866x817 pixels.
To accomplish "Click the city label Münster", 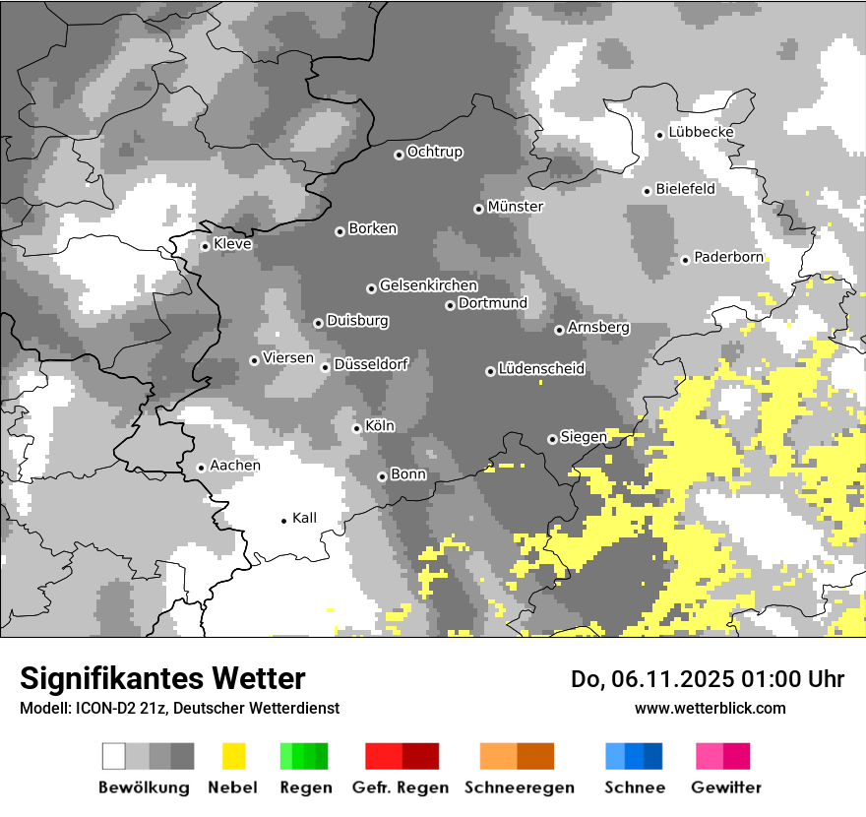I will coord(515,207).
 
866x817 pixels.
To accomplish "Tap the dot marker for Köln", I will coord(357,428).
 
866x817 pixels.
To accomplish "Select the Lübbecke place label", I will coord(701,132).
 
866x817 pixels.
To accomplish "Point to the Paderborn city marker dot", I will coord(685,260).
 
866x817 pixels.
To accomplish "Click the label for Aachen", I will coord(235,466).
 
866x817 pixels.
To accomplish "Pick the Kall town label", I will coord(304,518).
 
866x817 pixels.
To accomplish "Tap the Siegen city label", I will coord(584,437).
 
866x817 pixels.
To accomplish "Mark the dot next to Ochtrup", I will coord(399,155).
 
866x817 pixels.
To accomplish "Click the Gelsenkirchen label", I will coord(428,285).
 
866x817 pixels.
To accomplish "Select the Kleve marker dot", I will coord(205,247).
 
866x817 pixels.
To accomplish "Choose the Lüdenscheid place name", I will coord(541,369).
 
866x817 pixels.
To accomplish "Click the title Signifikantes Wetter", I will coord(162,678).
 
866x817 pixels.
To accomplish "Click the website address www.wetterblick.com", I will coord(710,708).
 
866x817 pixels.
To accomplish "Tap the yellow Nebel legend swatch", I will coord(233,756).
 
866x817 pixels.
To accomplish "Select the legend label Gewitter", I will coord(725,787).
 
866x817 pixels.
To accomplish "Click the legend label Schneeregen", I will coord(519,787).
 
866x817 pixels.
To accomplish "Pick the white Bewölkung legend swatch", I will coord(114,756).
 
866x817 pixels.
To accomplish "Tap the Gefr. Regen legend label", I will coord(400,787).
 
